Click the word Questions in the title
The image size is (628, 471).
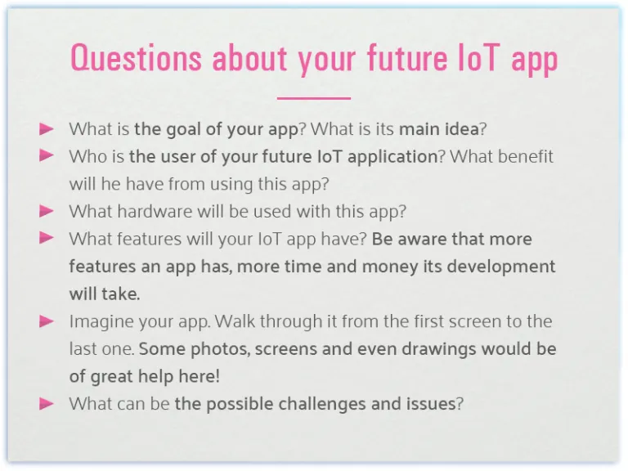[x=136, y=59]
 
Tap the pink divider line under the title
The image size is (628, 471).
[x=313, y=98]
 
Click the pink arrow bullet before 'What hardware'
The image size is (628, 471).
[x=47, y=211]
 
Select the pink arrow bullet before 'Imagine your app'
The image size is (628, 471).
[x=47, y=321]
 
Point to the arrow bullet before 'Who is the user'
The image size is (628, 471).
[x=47, y=155]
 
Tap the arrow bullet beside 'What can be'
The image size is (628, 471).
[x=47, y=403]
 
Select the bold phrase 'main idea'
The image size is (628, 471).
[x=438, y=129]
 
